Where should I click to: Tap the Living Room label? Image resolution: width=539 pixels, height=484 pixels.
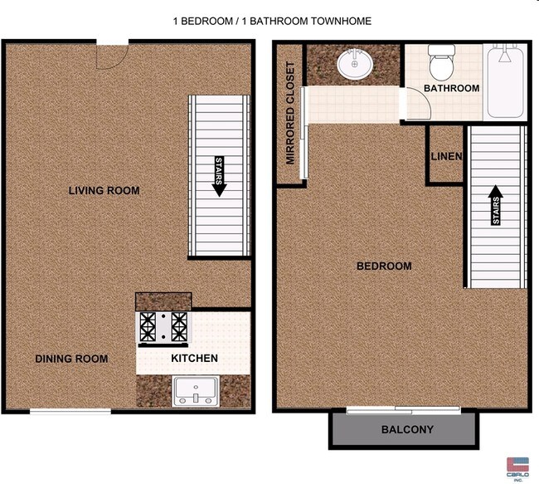click(x=104, y=191)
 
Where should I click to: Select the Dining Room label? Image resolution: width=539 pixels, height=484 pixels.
click(x=71, y=359)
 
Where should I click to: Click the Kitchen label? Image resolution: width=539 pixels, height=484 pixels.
click(x=194, y=359)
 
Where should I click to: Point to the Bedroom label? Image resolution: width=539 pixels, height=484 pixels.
click(x=384, y=266)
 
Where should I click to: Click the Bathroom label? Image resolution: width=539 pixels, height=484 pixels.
click(x=451, y=88)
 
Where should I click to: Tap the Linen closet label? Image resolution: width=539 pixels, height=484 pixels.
click(x=446, y=157)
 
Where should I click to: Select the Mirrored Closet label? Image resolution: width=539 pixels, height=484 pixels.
click(x=291, y=113)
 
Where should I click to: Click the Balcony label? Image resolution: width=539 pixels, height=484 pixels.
click(x=407, y=430)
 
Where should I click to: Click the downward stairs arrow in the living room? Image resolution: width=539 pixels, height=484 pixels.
click(x=219, y=176)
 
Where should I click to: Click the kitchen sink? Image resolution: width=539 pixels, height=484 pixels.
click(x=195, y=390)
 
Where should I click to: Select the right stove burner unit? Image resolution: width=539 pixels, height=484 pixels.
click(x=179, y=326)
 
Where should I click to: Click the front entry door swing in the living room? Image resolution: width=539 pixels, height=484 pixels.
click(x=112, y=55)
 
